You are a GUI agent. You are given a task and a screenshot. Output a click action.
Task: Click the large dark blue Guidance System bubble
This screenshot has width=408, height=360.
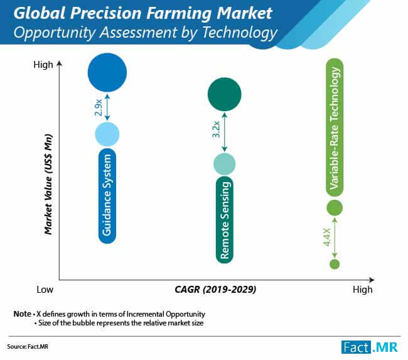click(x=108, y=73)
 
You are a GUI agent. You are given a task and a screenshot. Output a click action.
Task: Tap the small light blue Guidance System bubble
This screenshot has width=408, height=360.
click(x=107, y=133)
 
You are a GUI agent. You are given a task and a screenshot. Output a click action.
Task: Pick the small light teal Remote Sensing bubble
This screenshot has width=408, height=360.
click(x=224, y=164)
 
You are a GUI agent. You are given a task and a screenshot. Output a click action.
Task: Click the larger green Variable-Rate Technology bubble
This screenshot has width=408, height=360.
click(x=335, y=207)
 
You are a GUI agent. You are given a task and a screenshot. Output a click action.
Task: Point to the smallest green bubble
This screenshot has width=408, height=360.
click(x=335, y=264)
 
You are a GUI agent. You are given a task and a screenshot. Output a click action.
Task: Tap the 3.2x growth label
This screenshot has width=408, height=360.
click(x=215, y=129)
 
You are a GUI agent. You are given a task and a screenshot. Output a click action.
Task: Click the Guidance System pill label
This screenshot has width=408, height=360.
click(x=108, y=195)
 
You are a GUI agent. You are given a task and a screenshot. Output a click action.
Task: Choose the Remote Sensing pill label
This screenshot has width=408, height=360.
click(x=224, y=219)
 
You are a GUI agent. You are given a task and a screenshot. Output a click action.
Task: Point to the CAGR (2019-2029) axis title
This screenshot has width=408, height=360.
click(x=215, y=290)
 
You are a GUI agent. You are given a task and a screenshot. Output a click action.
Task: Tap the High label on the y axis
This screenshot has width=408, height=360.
click(x=43, y=65)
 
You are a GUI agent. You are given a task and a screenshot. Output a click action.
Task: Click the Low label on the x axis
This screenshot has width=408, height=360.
click(x=44, y=290)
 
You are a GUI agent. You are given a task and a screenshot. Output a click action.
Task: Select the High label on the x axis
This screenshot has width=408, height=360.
click(x=362, y=290)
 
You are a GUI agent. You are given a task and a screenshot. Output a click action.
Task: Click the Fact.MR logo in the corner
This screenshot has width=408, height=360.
click(x=370, y=347)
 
